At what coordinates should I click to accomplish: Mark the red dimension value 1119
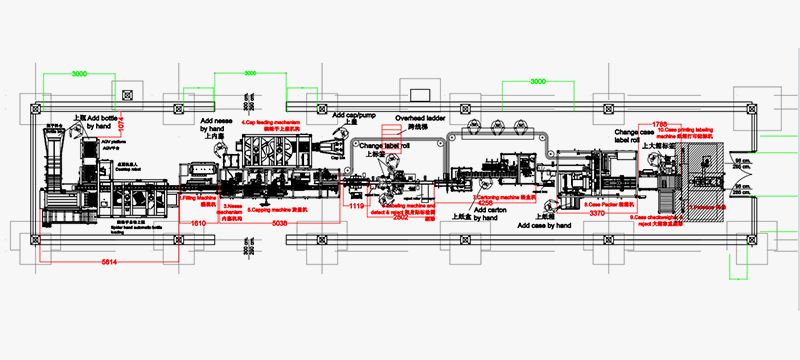click(355, 206)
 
